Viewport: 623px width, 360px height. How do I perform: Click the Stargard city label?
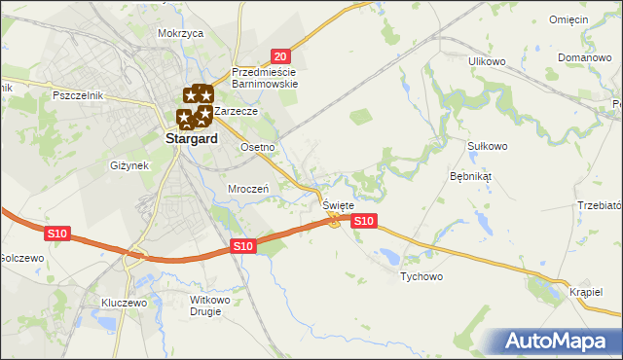185,139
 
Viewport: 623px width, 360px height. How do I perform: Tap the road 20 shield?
279,57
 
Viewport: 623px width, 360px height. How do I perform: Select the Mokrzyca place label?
180,33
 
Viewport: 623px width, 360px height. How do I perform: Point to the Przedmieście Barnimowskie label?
265,77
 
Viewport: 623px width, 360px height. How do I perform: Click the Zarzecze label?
236,111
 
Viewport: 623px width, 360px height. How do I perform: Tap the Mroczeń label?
247,189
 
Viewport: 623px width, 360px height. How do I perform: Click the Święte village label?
338,205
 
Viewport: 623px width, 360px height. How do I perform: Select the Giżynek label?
129,165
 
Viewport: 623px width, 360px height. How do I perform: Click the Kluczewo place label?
124,303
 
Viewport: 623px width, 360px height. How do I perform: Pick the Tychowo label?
421,276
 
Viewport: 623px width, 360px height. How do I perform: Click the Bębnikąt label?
471,177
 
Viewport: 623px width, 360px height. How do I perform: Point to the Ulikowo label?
488,61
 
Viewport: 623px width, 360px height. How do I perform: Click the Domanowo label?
584,57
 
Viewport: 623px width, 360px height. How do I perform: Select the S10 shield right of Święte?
363,222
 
